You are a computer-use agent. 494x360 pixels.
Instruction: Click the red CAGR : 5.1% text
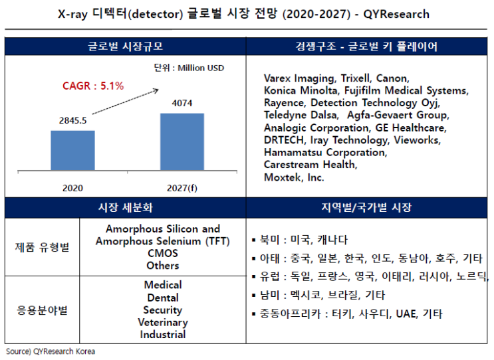[93, 86]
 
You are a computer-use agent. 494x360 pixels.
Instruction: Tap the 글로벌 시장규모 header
[126, 47]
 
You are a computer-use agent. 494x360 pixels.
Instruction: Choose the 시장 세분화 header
[126, 208]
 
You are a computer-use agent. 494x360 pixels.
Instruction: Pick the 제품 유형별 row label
[43, 247]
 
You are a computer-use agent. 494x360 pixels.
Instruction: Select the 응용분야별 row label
[43, 310]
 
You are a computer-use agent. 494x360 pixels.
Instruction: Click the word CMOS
[163, 253]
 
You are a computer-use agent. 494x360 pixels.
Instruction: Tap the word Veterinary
[163, 322]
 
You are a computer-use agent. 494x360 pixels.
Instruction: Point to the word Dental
[163, 298]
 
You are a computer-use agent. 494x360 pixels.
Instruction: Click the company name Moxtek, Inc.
[294, 177]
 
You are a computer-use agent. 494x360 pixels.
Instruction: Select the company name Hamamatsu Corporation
[325, 152]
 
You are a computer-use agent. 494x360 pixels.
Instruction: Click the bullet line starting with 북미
[299, 240]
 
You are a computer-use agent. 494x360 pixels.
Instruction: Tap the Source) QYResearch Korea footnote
[50, 351]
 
